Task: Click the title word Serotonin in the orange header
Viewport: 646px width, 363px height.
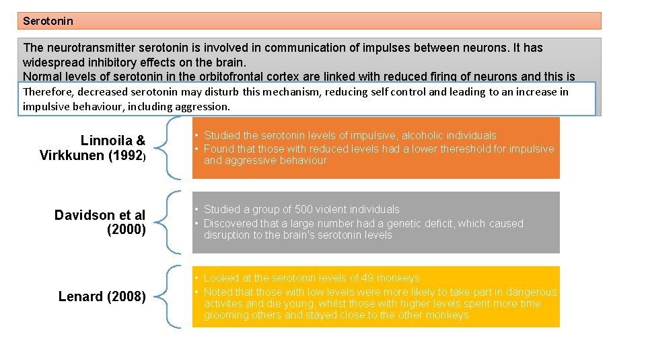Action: (48, 21)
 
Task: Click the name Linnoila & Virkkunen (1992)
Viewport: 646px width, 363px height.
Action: (93, 148)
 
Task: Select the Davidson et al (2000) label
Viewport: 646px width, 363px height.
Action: (100, 222)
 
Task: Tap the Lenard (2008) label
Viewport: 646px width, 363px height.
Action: (102, 296)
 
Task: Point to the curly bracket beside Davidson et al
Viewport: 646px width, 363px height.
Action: (172, 222)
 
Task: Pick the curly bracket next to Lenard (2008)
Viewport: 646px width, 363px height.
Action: (172, 296)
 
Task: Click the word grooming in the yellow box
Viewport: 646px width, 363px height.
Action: (227, 315)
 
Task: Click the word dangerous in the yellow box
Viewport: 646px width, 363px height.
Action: (526, 292)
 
